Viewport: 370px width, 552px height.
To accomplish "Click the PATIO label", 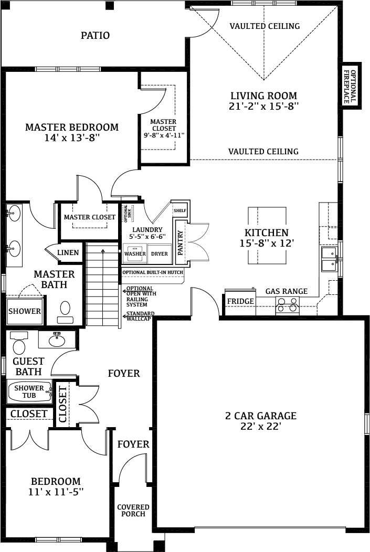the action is (95, 35).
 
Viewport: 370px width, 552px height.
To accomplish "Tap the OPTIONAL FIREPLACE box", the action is (352, 86).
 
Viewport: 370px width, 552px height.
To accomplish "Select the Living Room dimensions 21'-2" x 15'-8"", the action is (263, 106).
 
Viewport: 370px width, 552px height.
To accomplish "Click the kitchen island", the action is (267, 235).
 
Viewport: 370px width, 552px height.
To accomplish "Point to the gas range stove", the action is (288, 305).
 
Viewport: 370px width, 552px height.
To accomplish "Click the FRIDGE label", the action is (240, 301).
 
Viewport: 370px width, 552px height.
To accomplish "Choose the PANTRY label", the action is (181, 242).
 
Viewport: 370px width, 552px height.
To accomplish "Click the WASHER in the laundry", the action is (135, 253).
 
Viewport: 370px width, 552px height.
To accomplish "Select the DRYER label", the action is (160, 253).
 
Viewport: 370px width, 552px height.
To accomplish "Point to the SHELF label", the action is (180, 210).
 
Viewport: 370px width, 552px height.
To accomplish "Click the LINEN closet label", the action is (68, 252).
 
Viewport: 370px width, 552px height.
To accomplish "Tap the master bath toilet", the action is (65, 312).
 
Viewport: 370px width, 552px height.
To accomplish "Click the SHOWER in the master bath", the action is (25, 311).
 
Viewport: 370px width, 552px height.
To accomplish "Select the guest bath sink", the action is (57, 339).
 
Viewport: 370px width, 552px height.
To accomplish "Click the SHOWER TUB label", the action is (29, 391).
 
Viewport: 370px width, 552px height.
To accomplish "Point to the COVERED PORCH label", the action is (133, 510).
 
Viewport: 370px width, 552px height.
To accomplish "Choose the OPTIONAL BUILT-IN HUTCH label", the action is (153, 272).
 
